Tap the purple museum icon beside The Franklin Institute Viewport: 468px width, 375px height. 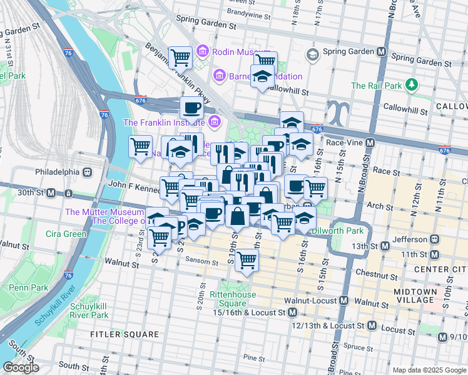tap(215, 122)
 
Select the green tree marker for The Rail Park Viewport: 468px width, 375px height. tap(411, 84)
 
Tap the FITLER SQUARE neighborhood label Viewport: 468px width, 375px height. tap(124, 334)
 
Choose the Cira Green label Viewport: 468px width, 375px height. tap(66, 234)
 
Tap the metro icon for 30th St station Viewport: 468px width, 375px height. tap(51, 192)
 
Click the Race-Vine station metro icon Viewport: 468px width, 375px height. tap(370, 142)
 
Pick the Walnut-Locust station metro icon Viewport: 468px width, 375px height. tap(343, 301)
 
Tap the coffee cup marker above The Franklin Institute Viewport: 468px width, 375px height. tap(192, 108)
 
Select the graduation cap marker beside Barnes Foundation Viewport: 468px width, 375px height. tap(262, 77)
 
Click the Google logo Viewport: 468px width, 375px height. tap(21, 367)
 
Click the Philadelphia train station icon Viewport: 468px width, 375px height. tap(87, 171)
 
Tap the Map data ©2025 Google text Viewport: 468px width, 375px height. tap(429, 370)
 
